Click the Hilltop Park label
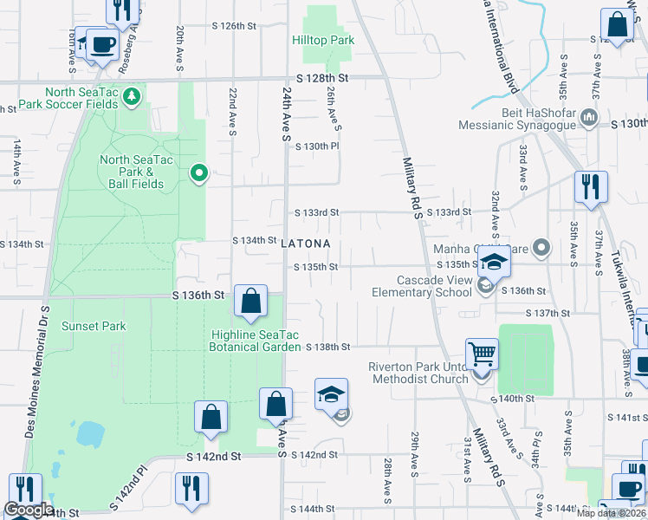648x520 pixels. [322, 41]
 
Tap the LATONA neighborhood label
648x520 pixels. [306, 244]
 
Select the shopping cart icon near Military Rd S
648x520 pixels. [483, 354]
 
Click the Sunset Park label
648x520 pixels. [94, 327]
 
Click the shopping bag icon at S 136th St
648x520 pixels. [250, 302]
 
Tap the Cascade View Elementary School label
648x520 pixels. [433, 286]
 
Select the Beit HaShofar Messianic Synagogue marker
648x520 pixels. [589, 116]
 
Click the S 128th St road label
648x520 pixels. [325, 78]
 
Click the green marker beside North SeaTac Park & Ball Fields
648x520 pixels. [198, 174]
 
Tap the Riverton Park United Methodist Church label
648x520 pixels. [418, 373]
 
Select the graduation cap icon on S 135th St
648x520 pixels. [494, 262]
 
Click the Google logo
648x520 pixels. [29, 510]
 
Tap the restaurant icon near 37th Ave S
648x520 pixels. [590, 186]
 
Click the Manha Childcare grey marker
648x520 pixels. [542, 250]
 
